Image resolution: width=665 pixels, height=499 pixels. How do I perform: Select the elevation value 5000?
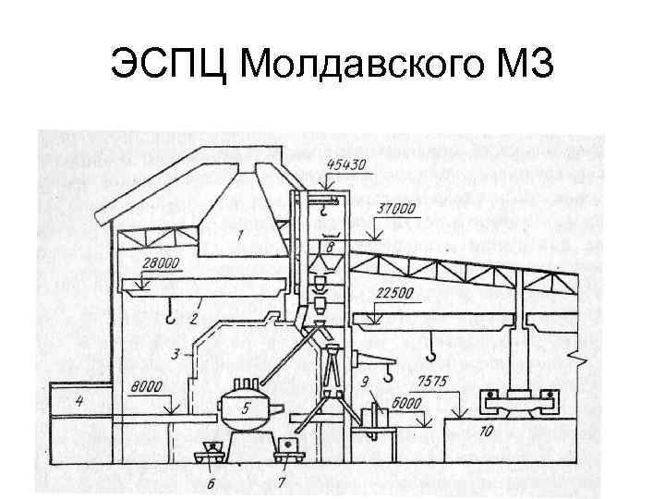coord(403,404)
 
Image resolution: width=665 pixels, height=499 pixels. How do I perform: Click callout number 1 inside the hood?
coord(240,237)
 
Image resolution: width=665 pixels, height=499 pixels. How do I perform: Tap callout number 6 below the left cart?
coord(212,481)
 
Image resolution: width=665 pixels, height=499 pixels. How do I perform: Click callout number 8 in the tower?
coord(331,247)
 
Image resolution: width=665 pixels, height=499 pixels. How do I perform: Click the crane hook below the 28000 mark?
coord(171,319)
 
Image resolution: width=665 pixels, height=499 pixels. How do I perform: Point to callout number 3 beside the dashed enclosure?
coord(175,354)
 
